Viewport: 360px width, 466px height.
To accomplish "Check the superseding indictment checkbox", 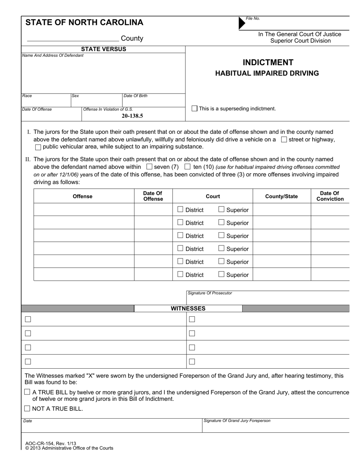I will (x=194, y=109).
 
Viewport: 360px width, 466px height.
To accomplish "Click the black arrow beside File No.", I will (x=242, y=23).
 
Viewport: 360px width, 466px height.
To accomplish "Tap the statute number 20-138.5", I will (x=132, y=116).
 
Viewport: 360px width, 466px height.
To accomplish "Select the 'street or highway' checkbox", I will (x=284, y=139).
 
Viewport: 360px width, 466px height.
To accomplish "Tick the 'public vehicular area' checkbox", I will (x=38, y=147).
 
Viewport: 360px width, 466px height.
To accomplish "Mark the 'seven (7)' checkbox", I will (x=149, y=167).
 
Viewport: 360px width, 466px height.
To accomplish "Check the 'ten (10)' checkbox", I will (x=187, y=167).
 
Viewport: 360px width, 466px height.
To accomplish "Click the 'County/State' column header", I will (x=282, y=196).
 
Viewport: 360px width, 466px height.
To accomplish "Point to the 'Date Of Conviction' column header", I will (x=330, y=196).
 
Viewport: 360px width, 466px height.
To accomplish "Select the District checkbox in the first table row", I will (x=180, y=210).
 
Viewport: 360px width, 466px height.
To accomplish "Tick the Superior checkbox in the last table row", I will (x=221, y=274).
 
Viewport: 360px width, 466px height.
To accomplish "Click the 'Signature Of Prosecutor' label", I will (x=210, y=293).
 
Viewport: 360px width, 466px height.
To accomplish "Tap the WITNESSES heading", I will (x=188, y=308).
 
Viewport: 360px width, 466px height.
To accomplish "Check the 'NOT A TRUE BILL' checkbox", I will (x=27, y=408).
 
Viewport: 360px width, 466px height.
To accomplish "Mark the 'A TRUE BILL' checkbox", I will (x=27, y=392).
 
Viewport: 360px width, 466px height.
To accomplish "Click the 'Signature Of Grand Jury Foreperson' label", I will (x=237, y=421).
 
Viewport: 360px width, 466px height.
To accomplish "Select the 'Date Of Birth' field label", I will (x=135, y=96).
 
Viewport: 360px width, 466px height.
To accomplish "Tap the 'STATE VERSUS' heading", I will (x=103, y=49).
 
